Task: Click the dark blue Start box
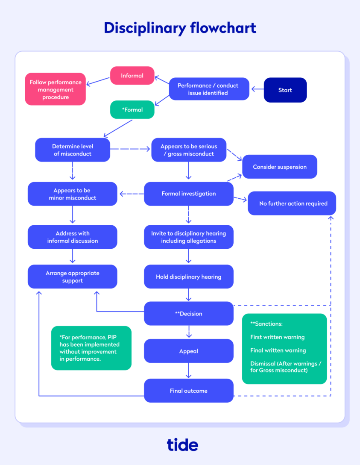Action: coord(285,90)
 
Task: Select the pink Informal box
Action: coord(132,76)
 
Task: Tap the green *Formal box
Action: coord(132,110)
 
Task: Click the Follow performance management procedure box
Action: coord(56,90)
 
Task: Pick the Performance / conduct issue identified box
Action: coord(208,89)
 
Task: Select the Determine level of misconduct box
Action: coord(73,150)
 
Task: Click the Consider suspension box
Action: coord(280,167)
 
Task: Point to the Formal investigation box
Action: coord(188,194)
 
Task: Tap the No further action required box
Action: coord(293,203)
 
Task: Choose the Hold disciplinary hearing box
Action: coord(188,277)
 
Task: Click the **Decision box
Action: coord(188,314)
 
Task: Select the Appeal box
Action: coord(188,351)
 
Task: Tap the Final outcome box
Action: coord(188,391)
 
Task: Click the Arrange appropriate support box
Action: coord(73,277)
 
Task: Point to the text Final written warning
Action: coord(278,350)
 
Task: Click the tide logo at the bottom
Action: coord(182,444)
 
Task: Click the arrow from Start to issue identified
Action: coord(257,89)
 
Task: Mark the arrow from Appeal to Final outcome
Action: coord(188,371)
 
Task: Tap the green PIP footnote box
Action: coord(91,348)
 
